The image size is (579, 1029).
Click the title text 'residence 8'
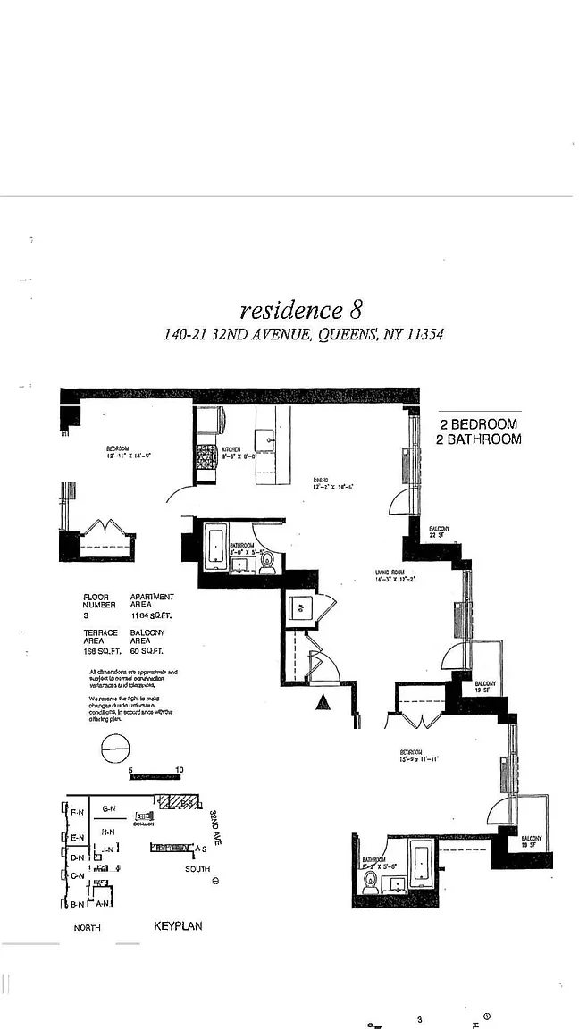(301, 310)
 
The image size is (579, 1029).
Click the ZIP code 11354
(424, 335)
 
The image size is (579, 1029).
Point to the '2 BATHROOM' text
(478, 439)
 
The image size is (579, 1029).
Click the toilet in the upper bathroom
(266, 561)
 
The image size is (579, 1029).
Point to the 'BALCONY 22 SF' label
(439, 532)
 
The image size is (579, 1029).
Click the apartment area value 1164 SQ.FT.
(152, 615)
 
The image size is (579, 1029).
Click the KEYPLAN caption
(178, 926)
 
